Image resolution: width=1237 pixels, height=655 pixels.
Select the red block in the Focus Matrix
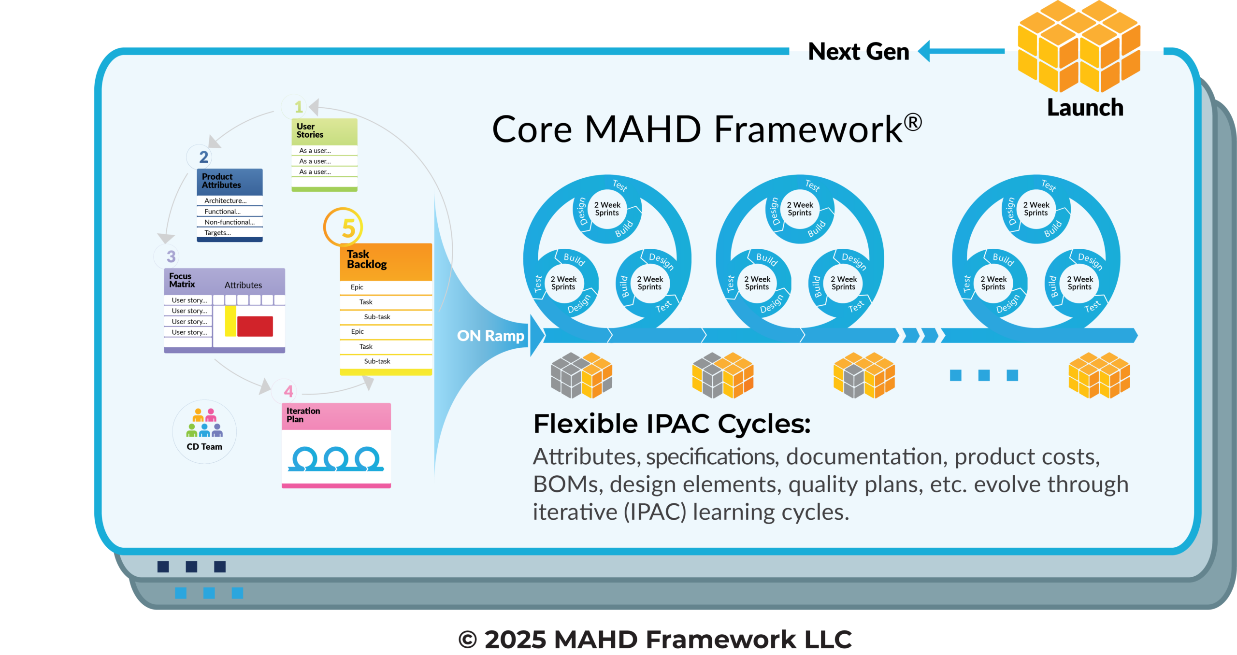pyautogui.click(x=255, y=326)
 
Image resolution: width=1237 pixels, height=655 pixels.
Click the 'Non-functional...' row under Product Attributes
pyautogui.click(x=230, y=222)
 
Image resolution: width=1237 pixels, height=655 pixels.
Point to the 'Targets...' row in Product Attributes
pyautogui.click(x=230, y=233)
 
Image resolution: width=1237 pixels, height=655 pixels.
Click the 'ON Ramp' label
pyautogui.click(x=490, y=335)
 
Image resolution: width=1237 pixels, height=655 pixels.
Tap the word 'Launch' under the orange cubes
pyautogui.click(x=1085, y=107)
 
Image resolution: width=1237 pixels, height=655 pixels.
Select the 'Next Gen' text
pyautogui.click(x=858, y=51)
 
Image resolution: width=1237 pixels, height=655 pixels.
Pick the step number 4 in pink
pyautogui.click(x=288, y=391)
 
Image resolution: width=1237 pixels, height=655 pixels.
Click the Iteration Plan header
pyautogui.click(x=336, y=416)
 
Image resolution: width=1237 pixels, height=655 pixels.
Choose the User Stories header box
pyautogui.click(x=324, y=131)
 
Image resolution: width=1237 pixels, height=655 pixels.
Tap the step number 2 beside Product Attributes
pyautogui.click(x=203, y=157)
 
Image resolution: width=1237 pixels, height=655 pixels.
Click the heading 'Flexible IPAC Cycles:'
pyautogui.click(x=672, y=424)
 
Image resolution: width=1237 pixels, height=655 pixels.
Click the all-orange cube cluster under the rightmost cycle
pyautogui.click(x=1099, y=375)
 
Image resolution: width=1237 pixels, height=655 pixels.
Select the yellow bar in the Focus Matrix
pyautogui.click(x=230, y=321)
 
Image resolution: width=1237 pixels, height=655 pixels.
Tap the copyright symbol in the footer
pyautogui.click(x=468, y=640)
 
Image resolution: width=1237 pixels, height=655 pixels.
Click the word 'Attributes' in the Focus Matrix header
pyautogui.click(x=243, y=285)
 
